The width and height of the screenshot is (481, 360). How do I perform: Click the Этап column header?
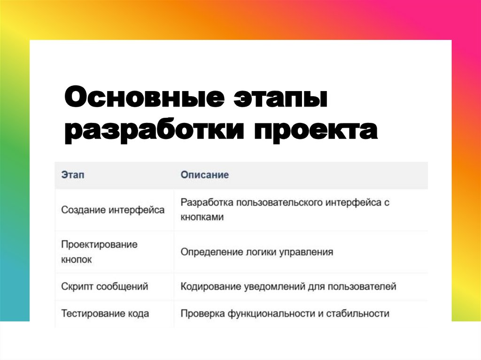pos(73,175)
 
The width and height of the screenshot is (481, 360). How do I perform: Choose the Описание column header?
pos(205,175)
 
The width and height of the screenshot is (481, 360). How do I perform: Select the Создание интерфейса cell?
pos(113,210)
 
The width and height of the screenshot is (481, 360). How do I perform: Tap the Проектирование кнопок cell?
pos(99,252)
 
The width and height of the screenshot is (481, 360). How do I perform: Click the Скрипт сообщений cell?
pos(105,286)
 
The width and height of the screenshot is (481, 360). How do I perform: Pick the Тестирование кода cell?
pos(105,314)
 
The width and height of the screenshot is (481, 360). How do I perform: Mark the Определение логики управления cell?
pos(257,252)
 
